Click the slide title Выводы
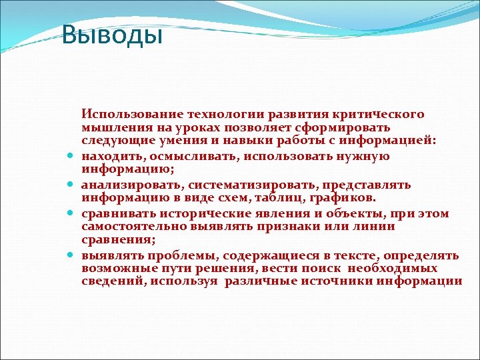pos(111,35)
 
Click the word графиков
pos(346,197)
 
